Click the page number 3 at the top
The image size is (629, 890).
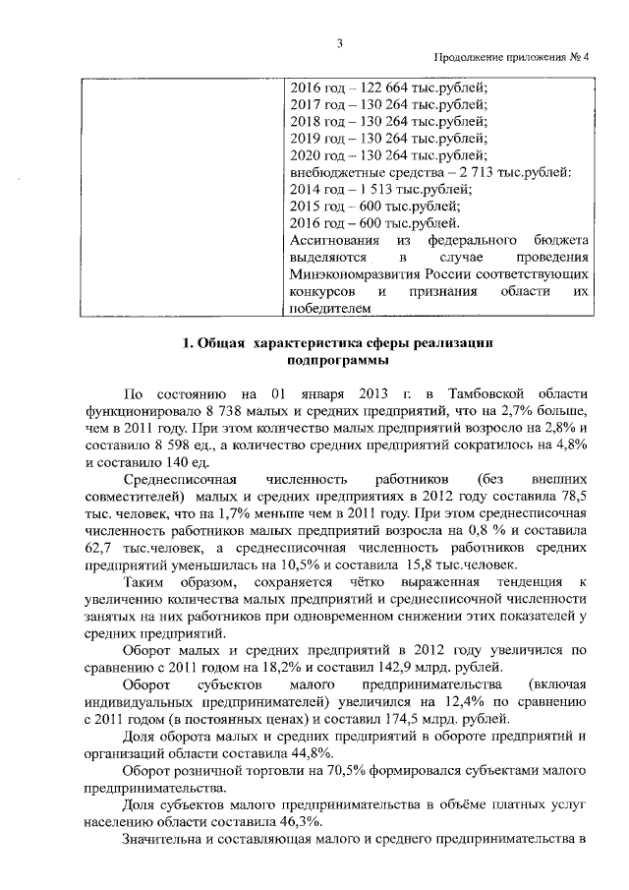[x=339, y=41]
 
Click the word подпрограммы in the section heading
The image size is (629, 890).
[x=337, y=360]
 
